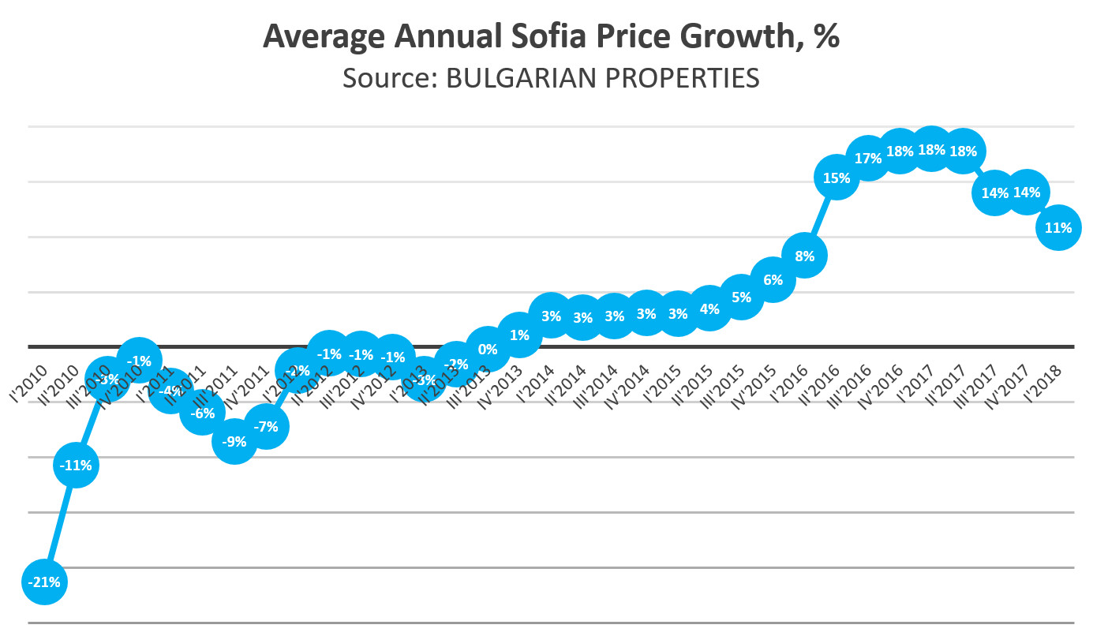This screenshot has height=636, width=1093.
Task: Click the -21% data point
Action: click(x=45, y=582)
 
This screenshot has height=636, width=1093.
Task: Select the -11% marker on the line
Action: click(x=77, y=466)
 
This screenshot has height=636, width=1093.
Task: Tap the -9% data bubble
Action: click(x=234, y=442)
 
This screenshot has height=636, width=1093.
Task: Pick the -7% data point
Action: click(x=267, y=427)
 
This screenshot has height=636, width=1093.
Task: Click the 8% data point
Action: click(x=804, y=256)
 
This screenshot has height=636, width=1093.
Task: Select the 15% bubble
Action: click(x=837, y=178)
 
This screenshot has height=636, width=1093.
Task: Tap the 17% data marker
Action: click(x=868, y=159)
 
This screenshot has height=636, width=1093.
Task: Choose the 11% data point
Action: click(x=1058, y=228)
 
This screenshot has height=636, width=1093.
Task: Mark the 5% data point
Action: click(x=741, y=297)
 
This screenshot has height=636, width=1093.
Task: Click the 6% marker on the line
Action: click(x=773, y=280)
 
